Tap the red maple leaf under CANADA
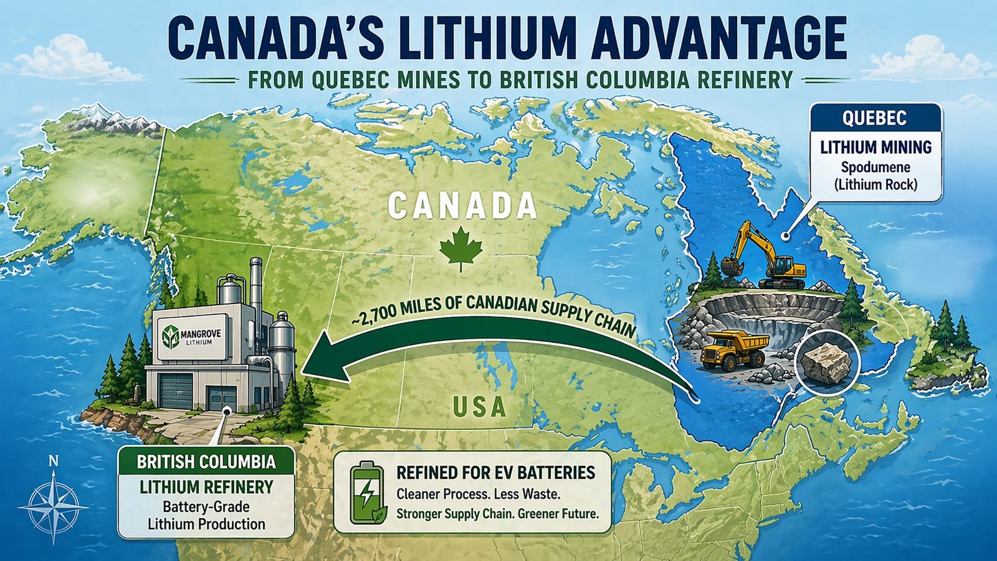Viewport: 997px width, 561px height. coord(460,250)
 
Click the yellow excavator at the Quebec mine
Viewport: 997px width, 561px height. coord(764,255)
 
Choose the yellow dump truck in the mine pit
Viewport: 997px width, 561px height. coord(734,350)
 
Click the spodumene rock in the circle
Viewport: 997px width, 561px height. coord(825,362)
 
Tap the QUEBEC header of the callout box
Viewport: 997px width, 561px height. coord(874,118)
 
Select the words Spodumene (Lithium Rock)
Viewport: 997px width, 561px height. coord(875,176)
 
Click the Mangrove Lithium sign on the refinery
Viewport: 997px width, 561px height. coord(193,337)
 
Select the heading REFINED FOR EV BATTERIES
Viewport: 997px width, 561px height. coord(495,473)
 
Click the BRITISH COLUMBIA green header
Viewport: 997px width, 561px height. coord(206,462)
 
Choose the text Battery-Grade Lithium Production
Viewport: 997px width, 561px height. coord(206,516)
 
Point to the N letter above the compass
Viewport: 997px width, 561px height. coord(54,462)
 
